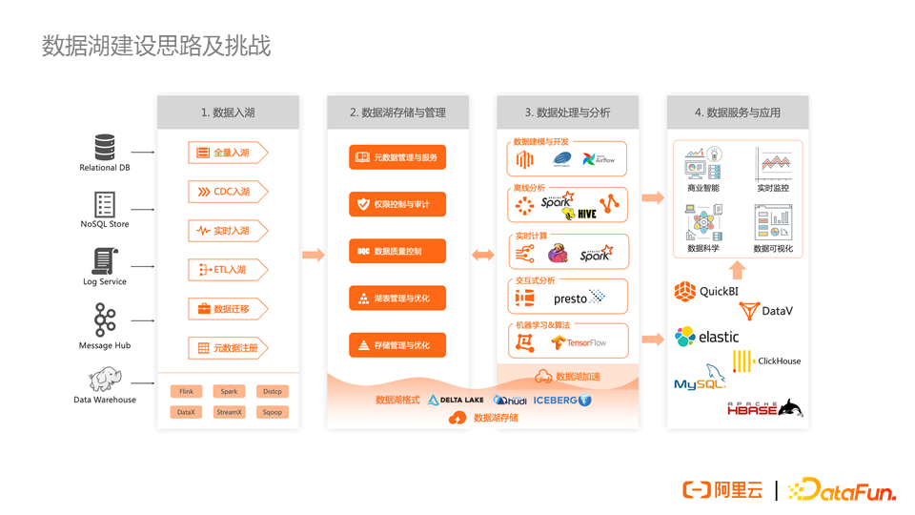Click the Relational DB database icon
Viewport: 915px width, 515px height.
(105, 147)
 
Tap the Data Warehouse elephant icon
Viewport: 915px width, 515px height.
(104, 379)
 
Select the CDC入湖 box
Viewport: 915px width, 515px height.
(227, 192)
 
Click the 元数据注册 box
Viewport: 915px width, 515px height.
(227, 348)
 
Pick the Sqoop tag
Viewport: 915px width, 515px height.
(273, 412)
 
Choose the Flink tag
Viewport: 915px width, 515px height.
(187, 391)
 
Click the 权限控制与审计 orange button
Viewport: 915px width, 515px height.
(397, 204)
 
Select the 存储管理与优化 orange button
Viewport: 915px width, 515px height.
(397, 345)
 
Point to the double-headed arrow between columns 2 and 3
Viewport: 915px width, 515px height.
(483, 255)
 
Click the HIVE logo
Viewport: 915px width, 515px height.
(580, 214)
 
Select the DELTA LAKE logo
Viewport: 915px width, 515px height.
(456, 401)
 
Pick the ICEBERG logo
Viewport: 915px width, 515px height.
(562, 401)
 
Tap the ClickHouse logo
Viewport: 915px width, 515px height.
(766, 360)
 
